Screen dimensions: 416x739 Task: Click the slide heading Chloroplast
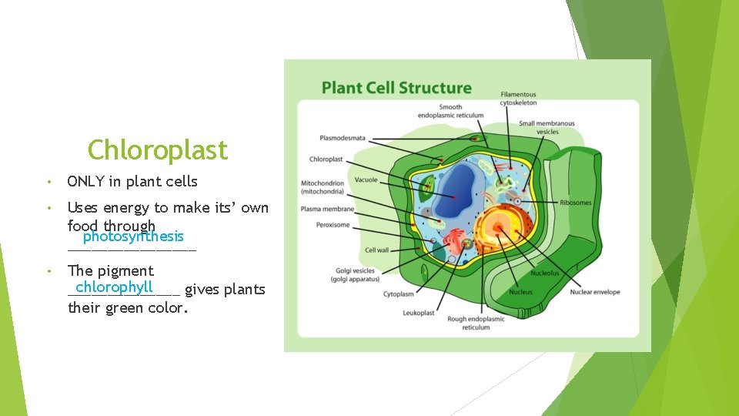[x=158, y=149]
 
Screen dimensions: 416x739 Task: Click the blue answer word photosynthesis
[x=133, y=237]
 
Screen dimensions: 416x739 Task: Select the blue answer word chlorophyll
[x=115, y=287]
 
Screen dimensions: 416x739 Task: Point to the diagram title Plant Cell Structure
[x=396, y=88]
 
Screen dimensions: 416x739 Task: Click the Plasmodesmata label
[x=342, y=138]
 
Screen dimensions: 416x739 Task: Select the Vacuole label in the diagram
[x=366, y=180]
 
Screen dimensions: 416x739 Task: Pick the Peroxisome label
[x=333, y=225]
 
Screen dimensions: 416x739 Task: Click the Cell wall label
[x=377, y=250]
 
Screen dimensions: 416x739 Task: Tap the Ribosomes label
[x=576, y=203]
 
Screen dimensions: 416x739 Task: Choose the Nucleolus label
[x=544, y=273]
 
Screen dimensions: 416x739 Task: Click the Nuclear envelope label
[x=595, y=292]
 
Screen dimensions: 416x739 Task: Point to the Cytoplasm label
[x=398, y=294]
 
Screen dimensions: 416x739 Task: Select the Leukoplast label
[x=418, y=313]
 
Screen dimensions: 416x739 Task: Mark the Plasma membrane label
[x=327, y=209]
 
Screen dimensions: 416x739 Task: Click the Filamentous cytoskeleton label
[x=518, y=99]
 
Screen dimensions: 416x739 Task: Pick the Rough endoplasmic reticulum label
[x=476, y=323]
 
